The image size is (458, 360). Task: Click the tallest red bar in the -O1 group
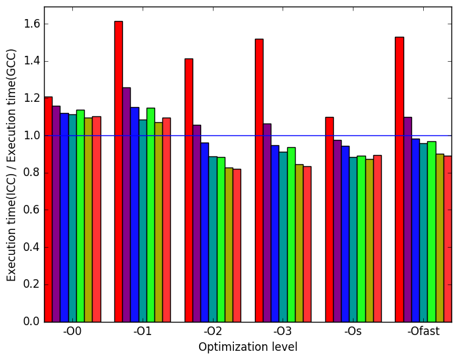pos(118,171)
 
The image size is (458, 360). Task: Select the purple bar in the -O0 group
pos(57,214)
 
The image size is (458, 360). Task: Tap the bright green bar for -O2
pos(221,240)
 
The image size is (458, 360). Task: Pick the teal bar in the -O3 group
pos(283,237)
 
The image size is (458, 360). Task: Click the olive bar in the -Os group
pos(369,241)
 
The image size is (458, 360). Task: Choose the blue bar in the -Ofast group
pos(416,231)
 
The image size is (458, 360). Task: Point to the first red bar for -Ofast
pos(400,179)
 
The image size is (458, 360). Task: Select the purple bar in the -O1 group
pos(127,205)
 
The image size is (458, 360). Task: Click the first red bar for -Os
pos(329,219)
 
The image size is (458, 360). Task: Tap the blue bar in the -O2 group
pos(205,233)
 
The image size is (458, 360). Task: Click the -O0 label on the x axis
pos(72,332)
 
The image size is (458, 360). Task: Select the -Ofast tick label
pos(424,332)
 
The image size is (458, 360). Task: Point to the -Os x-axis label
pos(353,332)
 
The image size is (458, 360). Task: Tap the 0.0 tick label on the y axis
pos(32,321)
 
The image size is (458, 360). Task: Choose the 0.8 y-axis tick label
pos(32,173)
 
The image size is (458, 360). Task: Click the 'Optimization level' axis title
pos(248,347)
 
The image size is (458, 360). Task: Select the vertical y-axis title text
pos(11,166)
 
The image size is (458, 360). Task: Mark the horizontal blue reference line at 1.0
pos(248,135)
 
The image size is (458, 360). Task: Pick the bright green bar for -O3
pos(291,235)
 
